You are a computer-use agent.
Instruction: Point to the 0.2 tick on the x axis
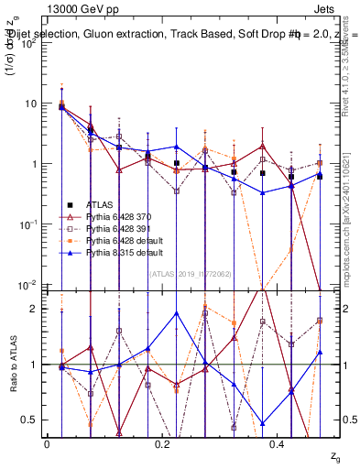click(163, 443)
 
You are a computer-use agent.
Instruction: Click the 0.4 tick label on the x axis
click(278, 443)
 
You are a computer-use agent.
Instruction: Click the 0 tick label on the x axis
click(47, 443)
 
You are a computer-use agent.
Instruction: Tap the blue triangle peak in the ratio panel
click(203, 311)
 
